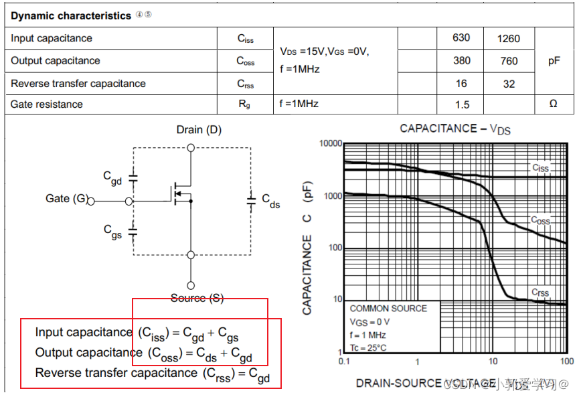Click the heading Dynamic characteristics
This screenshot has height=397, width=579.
click(70, 15)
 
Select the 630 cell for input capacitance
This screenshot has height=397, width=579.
click(461, 38)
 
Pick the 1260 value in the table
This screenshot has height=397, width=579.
click(509, 39)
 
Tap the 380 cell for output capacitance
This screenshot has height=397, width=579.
click(461, 61)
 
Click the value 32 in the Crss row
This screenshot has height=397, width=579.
click(509, 84)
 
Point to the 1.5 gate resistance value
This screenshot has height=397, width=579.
click(461, 104)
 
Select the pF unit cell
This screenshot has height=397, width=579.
click(554, 61)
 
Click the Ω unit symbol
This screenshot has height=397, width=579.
click(553, 104)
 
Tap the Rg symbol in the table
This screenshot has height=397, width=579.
click(244, 104)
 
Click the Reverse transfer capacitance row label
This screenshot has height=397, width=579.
click(78, 84)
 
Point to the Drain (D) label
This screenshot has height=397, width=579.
click(199, 129)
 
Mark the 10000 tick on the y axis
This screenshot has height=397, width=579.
click(331, 144)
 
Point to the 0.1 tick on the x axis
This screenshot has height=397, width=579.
click(344, 362)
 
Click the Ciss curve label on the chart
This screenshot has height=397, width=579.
click(540, 168)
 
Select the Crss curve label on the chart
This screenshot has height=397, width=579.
click(540, 293)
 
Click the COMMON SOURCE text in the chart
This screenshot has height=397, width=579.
click(388, 309)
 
